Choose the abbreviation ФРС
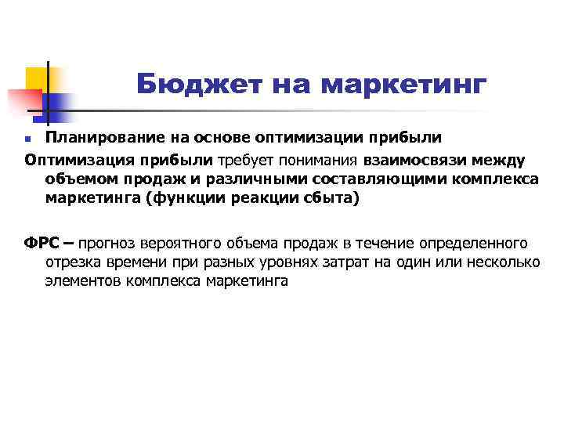pos(42,243)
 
